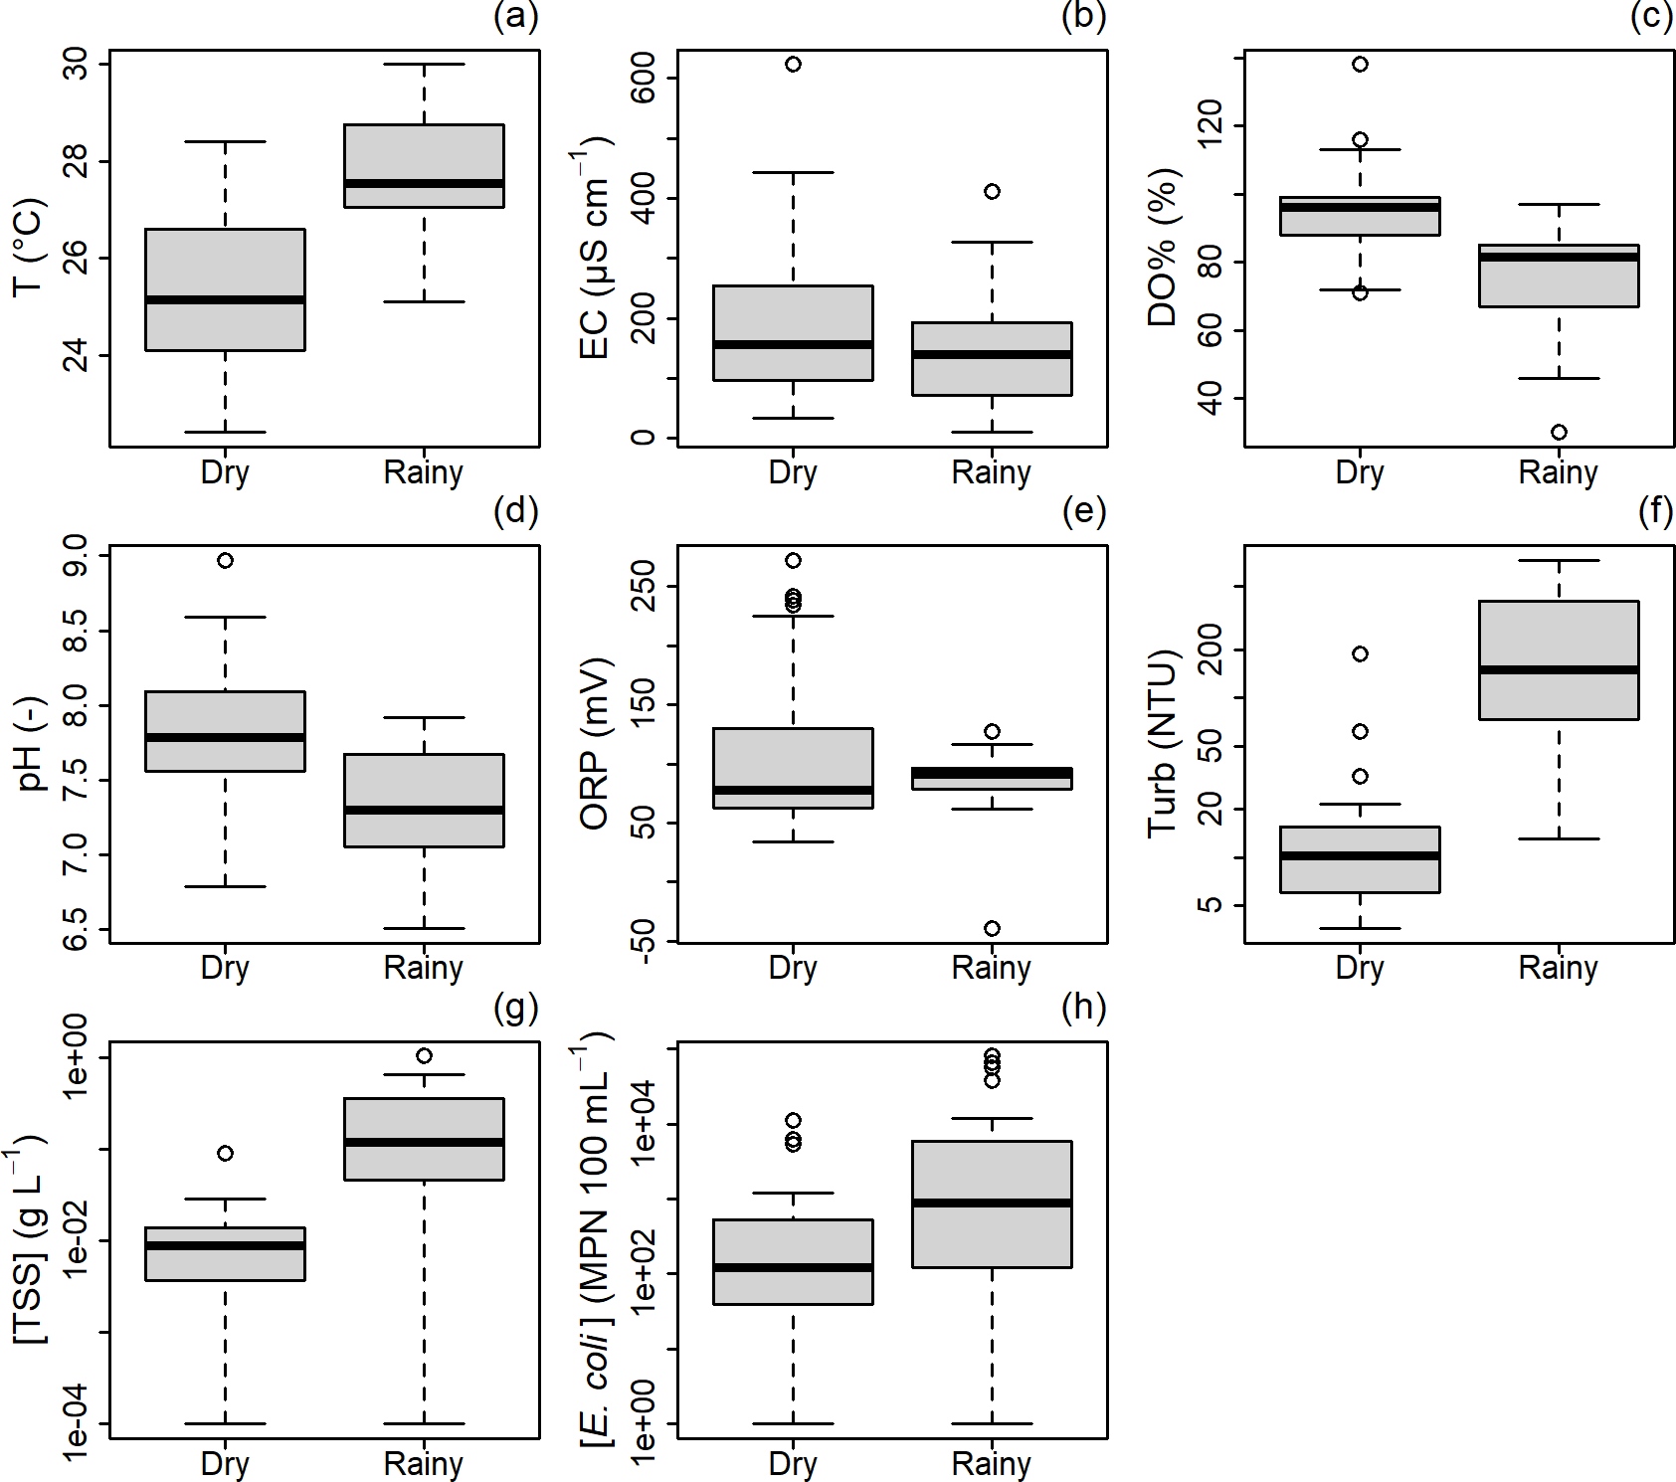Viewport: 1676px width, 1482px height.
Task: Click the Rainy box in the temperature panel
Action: pos(424,165)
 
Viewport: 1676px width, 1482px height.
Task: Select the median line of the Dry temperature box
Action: pos(225,299)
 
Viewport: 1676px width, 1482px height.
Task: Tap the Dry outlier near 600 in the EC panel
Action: pos(793,65)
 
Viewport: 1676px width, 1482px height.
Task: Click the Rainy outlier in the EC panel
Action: pos(992,191)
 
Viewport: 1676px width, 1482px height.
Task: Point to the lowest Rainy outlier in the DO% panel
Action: pos(1559,432)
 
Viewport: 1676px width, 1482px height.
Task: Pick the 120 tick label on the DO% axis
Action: pos(1210,124)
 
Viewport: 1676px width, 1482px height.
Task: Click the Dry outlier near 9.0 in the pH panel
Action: pos(226,561)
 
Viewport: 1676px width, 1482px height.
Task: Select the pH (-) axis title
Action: pos(30,743)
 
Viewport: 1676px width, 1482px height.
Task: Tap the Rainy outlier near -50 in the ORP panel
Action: pos(992,928)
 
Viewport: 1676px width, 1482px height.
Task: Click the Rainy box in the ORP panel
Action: pos(992,778)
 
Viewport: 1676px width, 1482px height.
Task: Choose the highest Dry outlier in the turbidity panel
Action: pos(1360,653)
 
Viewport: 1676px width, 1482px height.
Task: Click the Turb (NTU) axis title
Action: pos(1162,743)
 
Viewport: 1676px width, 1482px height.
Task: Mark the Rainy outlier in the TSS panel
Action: pos(424,1055)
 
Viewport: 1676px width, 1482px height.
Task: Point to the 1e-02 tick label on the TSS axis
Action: pos(76,1240)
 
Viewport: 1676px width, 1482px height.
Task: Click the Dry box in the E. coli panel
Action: pos(793,1261)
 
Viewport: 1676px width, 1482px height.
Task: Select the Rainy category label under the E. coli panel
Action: pos(991,1463)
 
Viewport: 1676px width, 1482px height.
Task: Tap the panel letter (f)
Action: pos(1655,511)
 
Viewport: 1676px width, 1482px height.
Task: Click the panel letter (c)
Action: pos(1651,16)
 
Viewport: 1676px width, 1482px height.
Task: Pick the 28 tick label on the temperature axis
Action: pos(76,160)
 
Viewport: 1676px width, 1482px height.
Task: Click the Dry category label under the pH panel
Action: pos(225,967)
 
